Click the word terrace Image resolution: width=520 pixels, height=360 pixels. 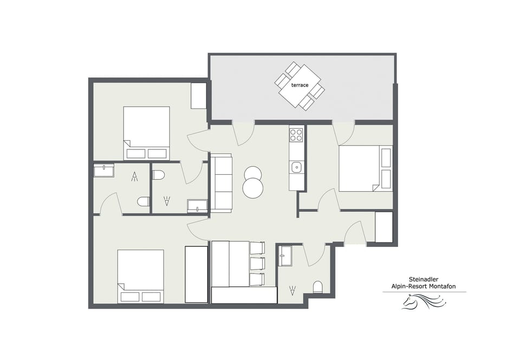click(300, 86)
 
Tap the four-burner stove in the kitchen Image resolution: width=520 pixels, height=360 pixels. click(296, 135)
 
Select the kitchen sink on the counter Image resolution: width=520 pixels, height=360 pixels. click(296, 167)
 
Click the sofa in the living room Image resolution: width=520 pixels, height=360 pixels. click(220, 183)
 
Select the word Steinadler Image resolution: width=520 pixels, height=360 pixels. click(424, 280)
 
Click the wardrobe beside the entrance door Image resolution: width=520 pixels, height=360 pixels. click(383, 227)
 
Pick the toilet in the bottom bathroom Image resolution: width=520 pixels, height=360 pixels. click(318, 287)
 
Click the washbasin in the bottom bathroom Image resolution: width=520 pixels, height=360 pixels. click(285, 256)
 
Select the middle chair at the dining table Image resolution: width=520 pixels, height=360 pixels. click(257, 264)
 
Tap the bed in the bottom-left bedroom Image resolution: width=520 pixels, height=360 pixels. click(140, 276)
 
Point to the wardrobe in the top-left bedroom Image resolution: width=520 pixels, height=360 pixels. click(199, 96)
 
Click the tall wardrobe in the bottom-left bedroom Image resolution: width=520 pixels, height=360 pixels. click(196, 274)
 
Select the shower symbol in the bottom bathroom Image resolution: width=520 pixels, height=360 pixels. click(293, 291)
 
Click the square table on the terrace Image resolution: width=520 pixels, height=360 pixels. click(300, 86)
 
